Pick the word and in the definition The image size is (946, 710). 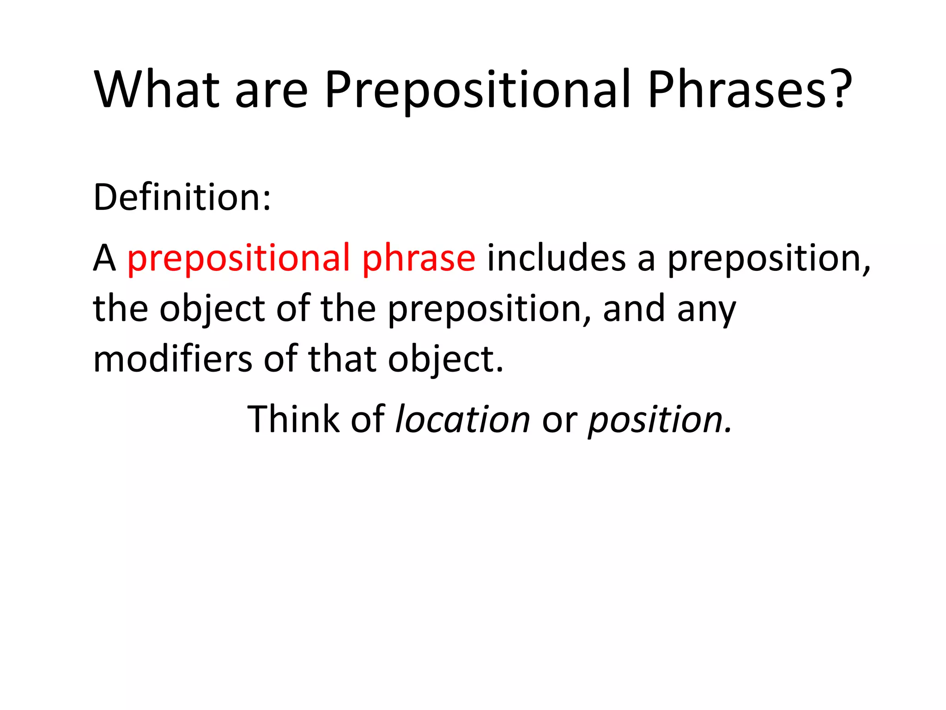[x=634, y=309]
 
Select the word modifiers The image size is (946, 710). [x=172, y=359]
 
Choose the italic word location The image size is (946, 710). [x=463, y=419]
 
